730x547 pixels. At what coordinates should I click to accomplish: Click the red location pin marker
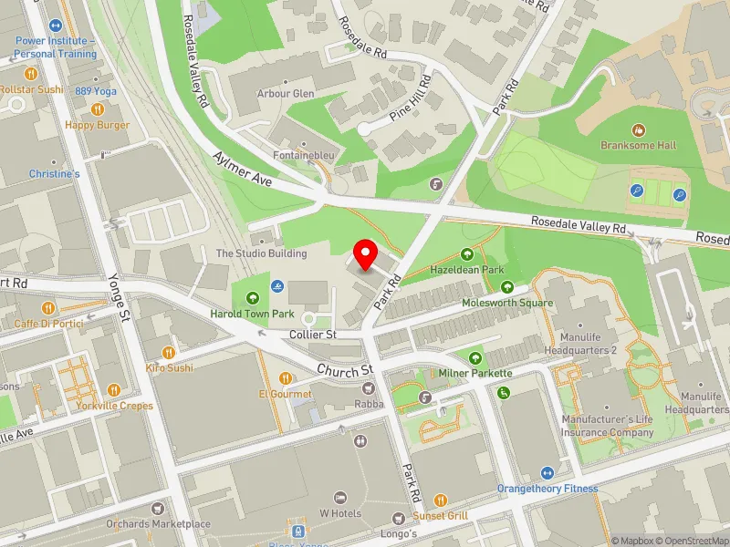pos(366,254)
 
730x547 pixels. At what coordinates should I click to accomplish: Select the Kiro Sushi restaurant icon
pos(168,353)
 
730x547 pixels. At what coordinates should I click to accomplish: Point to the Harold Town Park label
pos(251,315)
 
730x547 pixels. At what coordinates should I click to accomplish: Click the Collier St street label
pos(312,335)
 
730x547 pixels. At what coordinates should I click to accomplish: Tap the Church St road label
pos(346,370)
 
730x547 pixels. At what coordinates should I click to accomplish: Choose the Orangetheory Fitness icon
pos(547,473)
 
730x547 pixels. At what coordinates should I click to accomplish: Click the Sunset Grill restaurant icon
pos(440,501)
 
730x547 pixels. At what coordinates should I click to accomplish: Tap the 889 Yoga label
pos(96,91)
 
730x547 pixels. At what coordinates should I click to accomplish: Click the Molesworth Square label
pos(507,302)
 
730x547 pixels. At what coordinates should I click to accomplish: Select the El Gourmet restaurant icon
pos(286,378)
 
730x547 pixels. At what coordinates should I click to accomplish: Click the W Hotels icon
pos(340,497)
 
